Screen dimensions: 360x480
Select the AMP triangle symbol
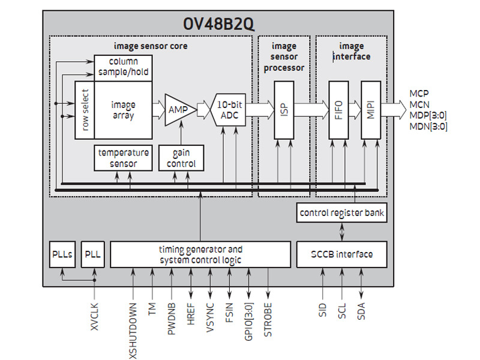pos(176,110)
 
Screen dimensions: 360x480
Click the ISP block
pos(284,110)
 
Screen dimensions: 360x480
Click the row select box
pos(85,110)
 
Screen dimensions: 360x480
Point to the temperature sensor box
pos(123,158)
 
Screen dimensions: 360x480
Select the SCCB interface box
pos(340,254)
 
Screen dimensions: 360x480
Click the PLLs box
pos(62,254)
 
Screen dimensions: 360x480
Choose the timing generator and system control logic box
pos(200,254)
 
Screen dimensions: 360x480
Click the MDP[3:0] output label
pos(428,115)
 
